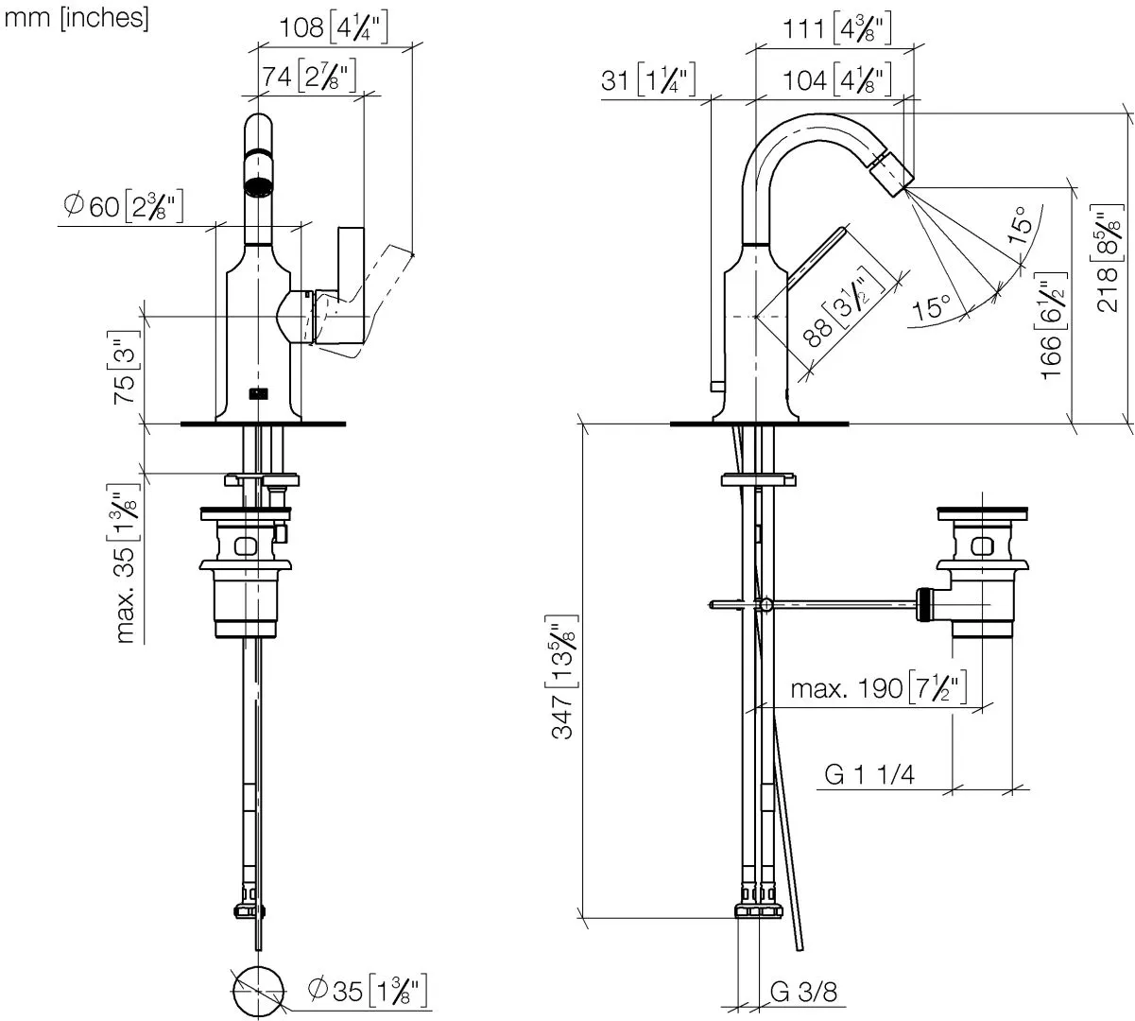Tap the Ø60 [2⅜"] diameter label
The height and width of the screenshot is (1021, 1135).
coord(122,206)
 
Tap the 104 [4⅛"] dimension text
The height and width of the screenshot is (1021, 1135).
coord(837,81)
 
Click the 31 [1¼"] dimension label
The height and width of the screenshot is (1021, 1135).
coord(648,81)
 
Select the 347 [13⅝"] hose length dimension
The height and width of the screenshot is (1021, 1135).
coord(563,676)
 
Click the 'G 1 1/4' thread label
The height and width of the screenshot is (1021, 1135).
coord(869,774)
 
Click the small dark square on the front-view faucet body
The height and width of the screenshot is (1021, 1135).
coord(257,393)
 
